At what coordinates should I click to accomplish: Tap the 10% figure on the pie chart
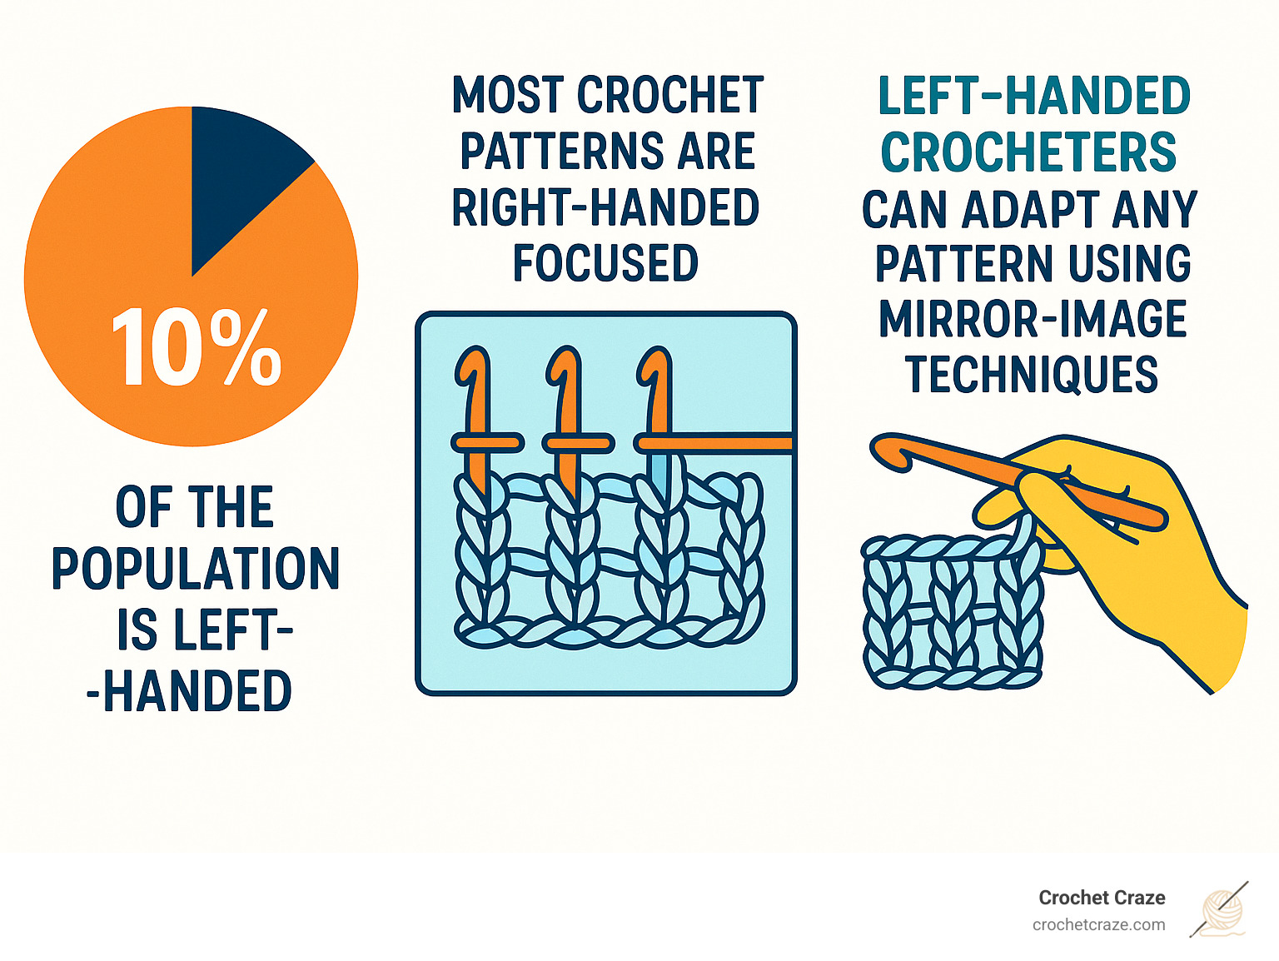[x=197, y=348]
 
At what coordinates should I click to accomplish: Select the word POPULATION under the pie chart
[x=196, y=569]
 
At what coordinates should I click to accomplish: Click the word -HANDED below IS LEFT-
[x=190, y=691]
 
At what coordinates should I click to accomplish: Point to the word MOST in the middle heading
[x=508, y=95]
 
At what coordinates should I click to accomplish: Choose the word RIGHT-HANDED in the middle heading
[x=605, y=207]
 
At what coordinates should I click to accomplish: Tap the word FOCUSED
[x=605, y=263]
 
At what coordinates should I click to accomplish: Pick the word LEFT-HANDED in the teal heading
[x=1034, y=96]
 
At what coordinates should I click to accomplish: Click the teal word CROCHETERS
[x=1029, y=152]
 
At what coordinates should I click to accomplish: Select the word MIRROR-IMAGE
[x=1033, y=319]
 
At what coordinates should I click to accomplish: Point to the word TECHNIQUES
[x=1032, y=375]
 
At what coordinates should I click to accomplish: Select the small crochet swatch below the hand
[x=949, y=616]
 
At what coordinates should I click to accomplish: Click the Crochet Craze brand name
[x=1102, y=898]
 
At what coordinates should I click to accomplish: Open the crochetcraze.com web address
[x=1098, y=924]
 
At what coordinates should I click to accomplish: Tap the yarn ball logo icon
[x=1222, y=910]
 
